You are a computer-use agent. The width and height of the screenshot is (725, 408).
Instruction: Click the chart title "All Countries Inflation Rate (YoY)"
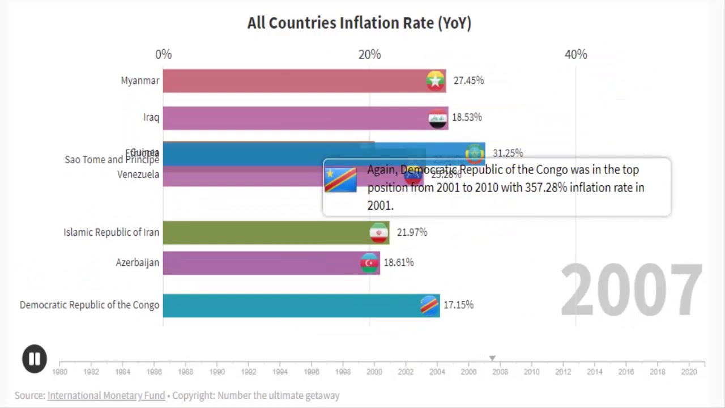coord(359,23)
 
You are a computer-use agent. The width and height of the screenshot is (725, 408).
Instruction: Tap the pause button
coord(34,359)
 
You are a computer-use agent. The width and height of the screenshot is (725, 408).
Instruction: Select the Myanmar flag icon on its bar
coord(436,81)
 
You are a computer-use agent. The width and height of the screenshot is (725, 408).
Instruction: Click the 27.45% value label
coord(468,80)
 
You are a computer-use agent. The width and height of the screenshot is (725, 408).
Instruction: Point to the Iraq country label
coord(151,117)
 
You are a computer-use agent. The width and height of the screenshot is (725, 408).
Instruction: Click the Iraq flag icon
coord(438,118)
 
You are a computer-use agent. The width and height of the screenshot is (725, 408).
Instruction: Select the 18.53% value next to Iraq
coord(467,117)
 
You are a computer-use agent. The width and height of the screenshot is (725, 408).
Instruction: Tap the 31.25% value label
coord(507,153)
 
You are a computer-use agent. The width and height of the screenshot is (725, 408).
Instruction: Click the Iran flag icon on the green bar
coord(379,232)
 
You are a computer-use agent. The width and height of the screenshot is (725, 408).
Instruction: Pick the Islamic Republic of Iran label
coord(111,232)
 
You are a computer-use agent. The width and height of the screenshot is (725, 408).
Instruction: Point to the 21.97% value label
coord(412,232)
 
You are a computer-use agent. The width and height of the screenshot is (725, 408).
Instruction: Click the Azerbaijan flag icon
coord(370,263)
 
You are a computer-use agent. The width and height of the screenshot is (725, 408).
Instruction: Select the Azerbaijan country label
coord(138,263)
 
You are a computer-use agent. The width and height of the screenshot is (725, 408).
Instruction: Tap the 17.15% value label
coord(458,305)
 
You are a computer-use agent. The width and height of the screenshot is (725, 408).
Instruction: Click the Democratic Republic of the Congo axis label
coord(89,305)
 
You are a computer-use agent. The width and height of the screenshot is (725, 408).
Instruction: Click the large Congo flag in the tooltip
coord(340,180)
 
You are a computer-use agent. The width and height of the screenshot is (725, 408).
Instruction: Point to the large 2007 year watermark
coord(631,290)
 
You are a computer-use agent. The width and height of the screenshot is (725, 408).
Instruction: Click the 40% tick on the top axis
coord(576,54)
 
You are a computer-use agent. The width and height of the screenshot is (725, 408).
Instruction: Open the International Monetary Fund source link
coord(106,396)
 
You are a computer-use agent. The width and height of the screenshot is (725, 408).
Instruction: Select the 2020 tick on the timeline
coord(689,372)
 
